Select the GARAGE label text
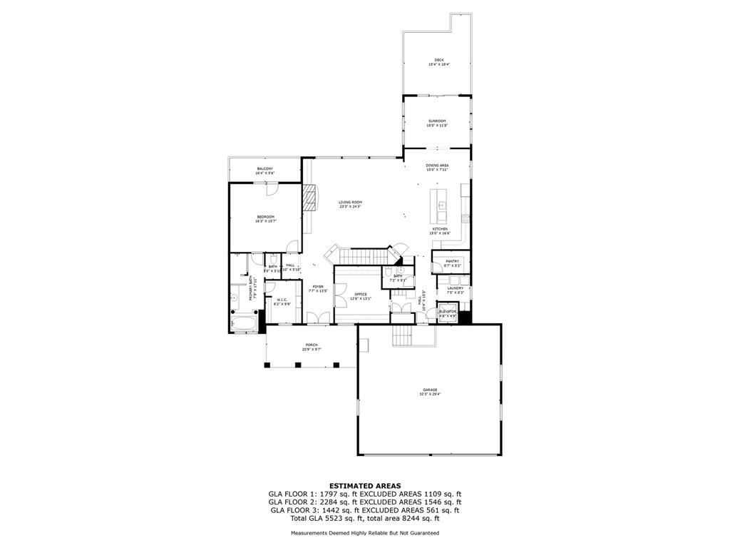pyautogui.click(x=429, y=390)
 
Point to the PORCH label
pyautogui.click(x=312, y=345)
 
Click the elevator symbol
pyautogui.click(x=447, y=315)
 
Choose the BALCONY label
pyautogui.click(x=265, y=169)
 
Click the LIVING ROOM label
pyautogui.click(x=350, y=203)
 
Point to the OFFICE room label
pyautogui.click(x=361, y=294)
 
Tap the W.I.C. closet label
pyautogui.click(x=282, y=300)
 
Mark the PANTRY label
pyautogui.click(x=452, y=261)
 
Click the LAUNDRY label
pyautogui.click(x=455, y=288)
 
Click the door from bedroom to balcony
pyautogui.click(x=271, y=188)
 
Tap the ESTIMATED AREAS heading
pyautogui.click(x=364, y=485)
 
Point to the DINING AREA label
pyautogui.click(x=437, y=166)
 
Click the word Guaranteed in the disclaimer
pyautogui.click(x=423, y=533)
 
